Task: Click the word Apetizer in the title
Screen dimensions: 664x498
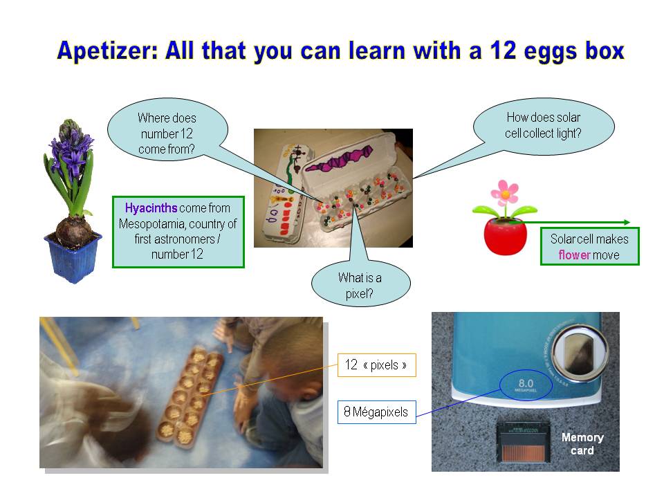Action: (107, 51)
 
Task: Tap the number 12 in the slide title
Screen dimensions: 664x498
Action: (503, 50)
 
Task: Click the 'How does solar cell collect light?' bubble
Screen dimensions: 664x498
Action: (544, 125)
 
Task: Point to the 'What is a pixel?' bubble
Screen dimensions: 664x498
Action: (360, 284)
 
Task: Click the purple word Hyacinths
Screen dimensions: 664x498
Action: (151, 208)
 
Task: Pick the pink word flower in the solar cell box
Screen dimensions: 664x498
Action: (574, 255)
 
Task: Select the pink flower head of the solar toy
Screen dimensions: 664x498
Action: (505, 194)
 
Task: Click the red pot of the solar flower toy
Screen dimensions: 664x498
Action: (505, 237)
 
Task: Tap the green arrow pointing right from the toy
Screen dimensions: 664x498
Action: (569, 222)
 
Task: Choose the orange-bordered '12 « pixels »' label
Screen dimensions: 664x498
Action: (377, 365)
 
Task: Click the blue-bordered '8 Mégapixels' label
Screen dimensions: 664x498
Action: (376, 412)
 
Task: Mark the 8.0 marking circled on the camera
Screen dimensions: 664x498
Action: (526, 385)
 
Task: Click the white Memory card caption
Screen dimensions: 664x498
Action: (582, 444)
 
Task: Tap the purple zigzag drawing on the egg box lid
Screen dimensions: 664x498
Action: (339, 159)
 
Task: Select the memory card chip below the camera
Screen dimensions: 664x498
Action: (524, 443)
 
